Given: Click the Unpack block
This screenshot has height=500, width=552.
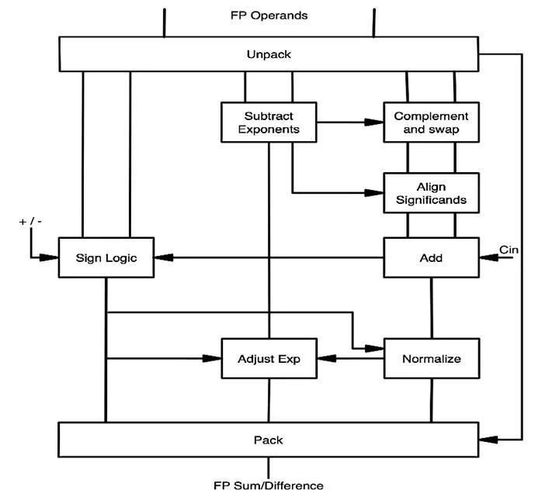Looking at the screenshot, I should pyautogui.click(x=269, y=54).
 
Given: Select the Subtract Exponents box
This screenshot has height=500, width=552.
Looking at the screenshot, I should pyautogui.click(x=269, y=122).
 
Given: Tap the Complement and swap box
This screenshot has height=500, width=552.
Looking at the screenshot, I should pyautogui.click(x=431, y=122).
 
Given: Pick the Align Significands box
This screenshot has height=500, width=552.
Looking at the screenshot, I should pyautogui.click(x=431, y=192).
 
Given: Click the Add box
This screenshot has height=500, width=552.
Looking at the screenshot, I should pyautogui.click(x=431, y=257).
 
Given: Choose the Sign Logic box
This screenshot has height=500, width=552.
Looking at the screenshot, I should pyautogui.click(x=106, y=257).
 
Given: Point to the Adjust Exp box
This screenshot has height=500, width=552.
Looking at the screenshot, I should pyautogui.click(x=269, y=359).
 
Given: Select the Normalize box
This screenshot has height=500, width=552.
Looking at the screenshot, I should pyautogui.click(x=431, y=359).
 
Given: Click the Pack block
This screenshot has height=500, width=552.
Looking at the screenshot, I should pyautogui.click(x=269, y=440).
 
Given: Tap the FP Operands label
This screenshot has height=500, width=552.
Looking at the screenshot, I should pyautogui.click(x=269, y=15).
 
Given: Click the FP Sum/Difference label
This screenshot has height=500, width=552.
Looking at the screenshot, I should pyautogui.click(x=269, y=486).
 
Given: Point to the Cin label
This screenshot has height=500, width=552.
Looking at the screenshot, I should pyautogui.click(x=509, y=249).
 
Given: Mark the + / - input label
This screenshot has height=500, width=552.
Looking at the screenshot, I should pyautogui.click(x=30, y=222).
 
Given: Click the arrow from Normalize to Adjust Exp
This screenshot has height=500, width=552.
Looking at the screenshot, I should pyautogui.click(x=349, y=359).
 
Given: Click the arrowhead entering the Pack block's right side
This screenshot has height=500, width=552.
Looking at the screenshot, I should pyautogui.click(x=487, y=440).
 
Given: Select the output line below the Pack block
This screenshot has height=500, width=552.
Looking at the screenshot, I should pyautogui.click(x=269, y=467).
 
